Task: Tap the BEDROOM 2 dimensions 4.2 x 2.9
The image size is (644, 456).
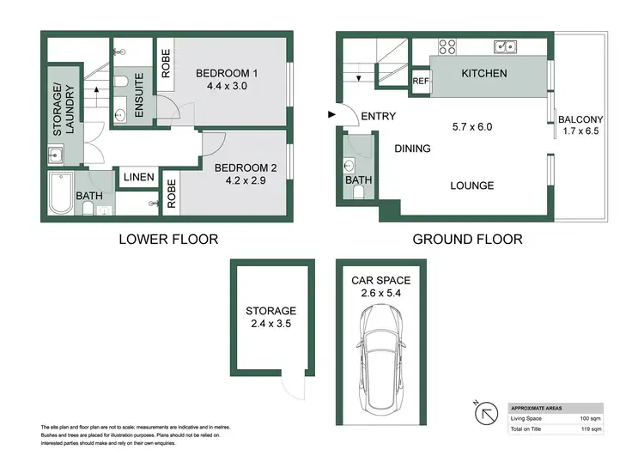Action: [240, 182]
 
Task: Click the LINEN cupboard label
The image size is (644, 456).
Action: [138, 178]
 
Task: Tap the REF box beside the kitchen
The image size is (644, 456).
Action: [420, 82]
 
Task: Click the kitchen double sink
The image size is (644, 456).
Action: [504, 46]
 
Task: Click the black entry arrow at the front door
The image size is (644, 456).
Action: [331, 114]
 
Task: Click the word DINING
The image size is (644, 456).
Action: [412, 149]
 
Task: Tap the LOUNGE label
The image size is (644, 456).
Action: [471, 185]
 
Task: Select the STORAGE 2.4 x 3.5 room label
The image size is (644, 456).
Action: [271, 317]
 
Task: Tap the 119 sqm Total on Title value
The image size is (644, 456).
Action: [588, 427]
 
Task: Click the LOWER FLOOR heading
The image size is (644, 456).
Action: [167, 239]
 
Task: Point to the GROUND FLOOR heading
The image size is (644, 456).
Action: [467, 239]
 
